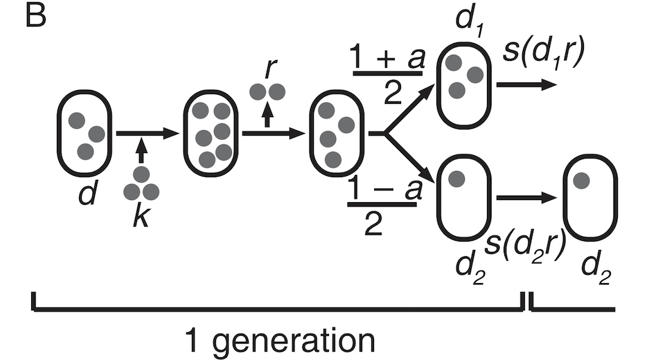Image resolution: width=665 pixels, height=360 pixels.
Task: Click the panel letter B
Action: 36,17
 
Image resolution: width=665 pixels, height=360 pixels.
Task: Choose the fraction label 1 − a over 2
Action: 384,206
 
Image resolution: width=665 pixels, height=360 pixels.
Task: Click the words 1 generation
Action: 280,340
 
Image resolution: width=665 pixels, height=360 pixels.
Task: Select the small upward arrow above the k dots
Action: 141,150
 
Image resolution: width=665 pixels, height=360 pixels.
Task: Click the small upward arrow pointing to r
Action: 267,114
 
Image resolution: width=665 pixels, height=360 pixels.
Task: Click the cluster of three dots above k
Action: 141,185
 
